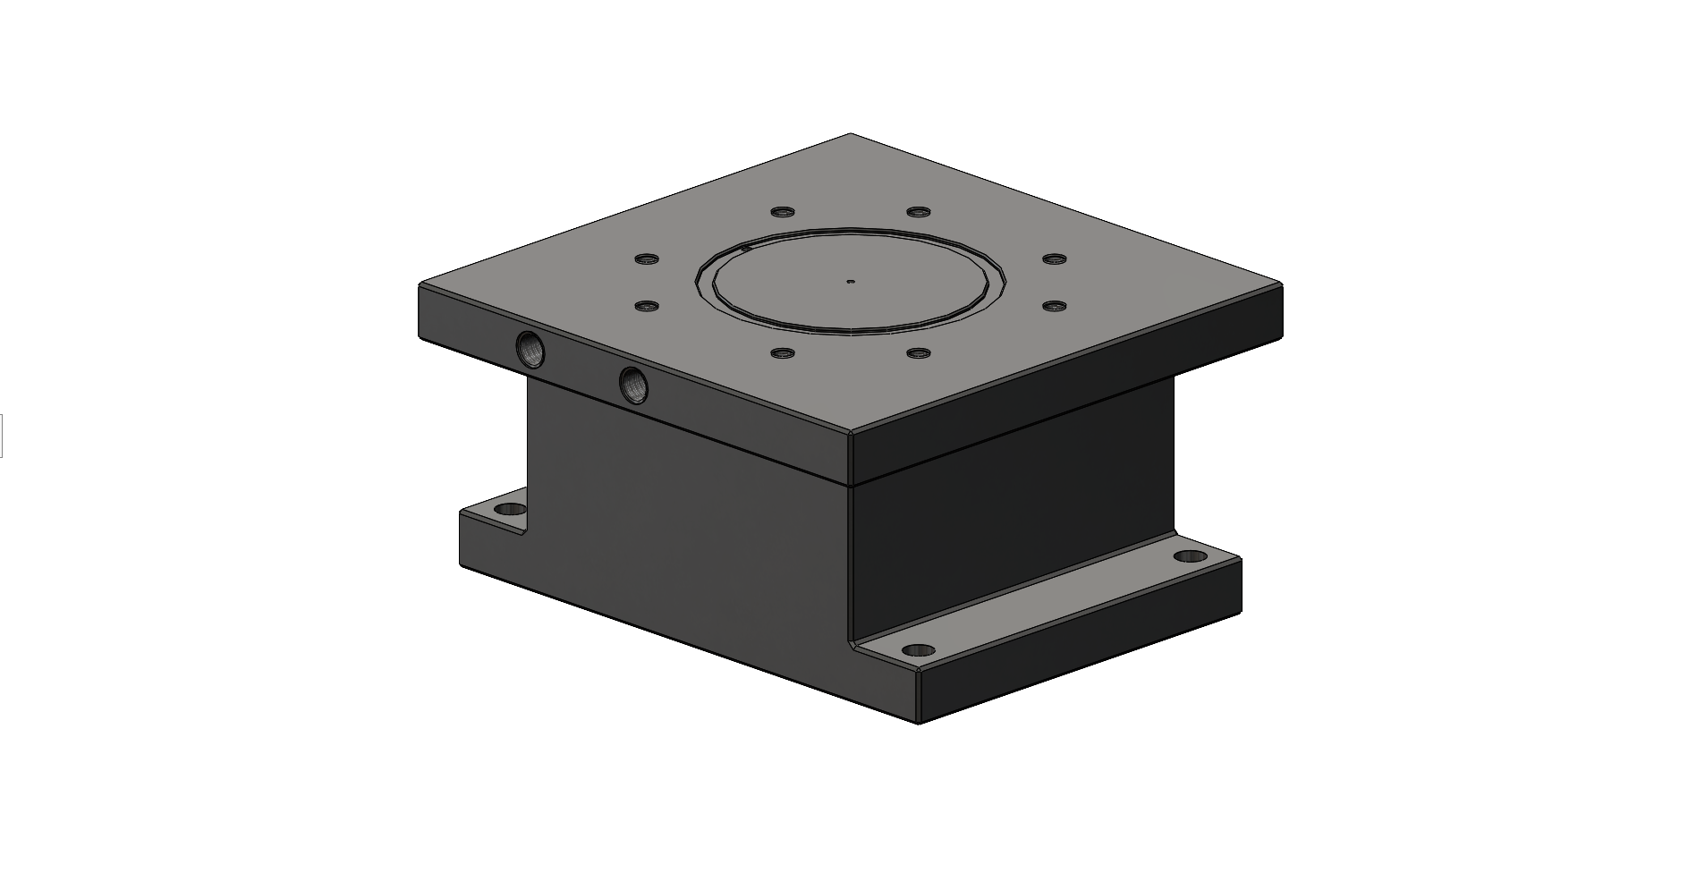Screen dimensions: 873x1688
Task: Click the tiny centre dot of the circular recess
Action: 851,281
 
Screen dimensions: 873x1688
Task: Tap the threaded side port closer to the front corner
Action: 635,385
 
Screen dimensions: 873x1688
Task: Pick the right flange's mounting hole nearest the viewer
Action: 918,649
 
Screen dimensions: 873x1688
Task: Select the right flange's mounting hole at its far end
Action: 1190,556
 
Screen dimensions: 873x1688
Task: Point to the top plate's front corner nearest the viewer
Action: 850,434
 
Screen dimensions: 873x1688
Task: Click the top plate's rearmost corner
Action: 850,135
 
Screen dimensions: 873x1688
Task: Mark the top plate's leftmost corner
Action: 421,285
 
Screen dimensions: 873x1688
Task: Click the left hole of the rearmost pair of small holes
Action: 783,212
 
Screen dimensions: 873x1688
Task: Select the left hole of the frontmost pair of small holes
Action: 783,353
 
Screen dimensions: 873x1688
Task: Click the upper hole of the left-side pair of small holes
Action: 646,259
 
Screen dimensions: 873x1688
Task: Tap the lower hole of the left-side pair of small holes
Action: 646,306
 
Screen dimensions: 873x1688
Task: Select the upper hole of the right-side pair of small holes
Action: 1055,259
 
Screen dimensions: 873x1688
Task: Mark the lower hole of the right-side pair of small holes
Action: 1055,306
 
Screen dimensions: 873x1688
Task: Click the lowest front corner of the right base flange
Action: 920,721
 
